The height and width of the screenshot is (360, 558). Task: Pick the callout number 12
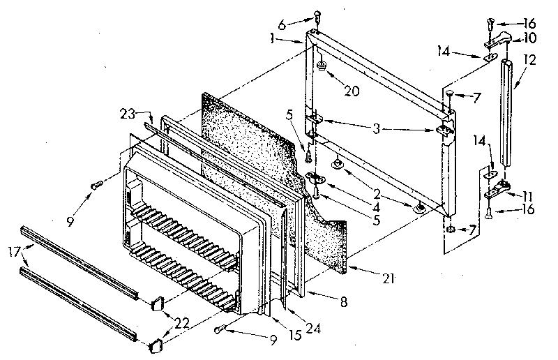[x=531, y=61]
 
